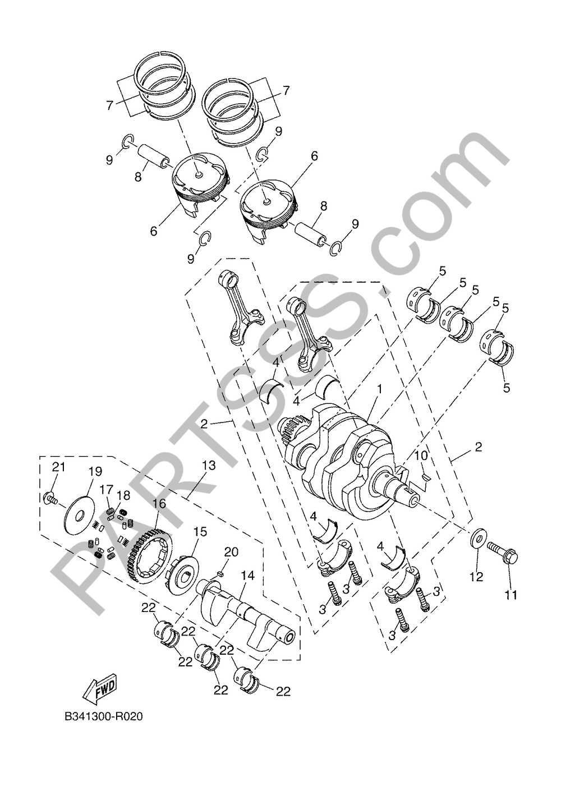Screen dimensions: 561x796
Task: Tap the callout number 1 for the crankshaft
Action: pos(379,389)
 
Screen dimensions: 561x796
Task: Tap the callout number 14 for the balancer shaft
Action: pos(248,576)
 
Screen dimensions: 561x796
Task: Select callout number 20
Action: pos(231,552)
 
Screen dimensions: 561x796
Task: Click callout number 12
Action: pos(476,577)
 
